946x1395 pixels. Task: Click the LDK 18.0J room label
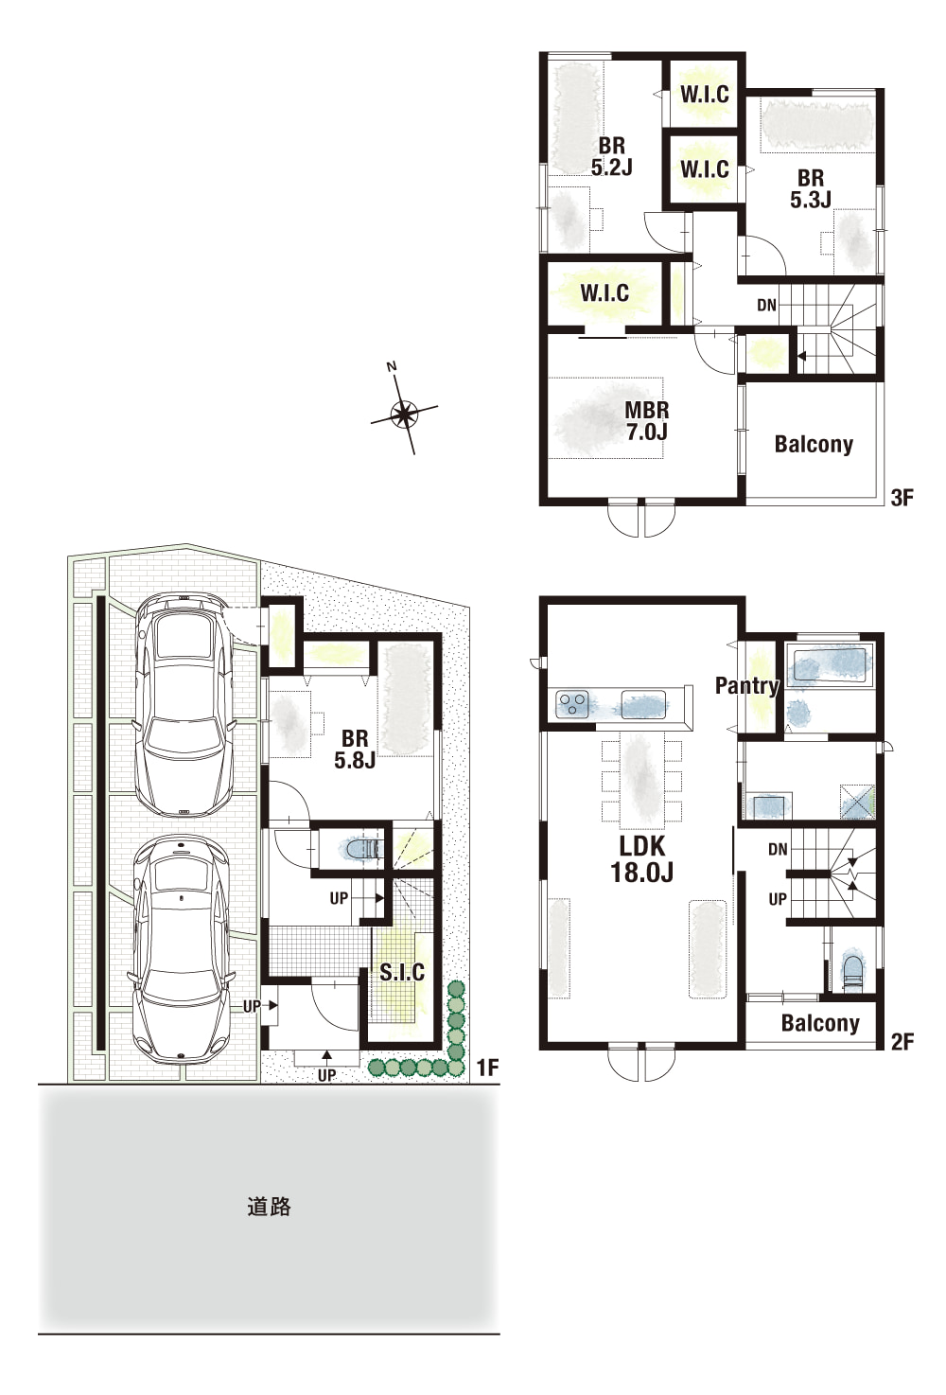coord(641,859)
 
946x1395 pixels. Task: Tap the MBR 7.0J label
coord(647,421)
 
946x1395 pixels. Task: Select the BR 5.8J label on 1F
coord(355,750)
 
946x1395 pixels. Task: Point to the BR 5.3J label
coord(811,188)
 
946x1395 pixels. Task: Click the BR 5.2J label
coord(612,156)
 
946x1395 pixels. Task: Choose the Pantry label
coord(746,685)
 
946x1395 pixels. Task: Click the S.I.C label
coord(402,972)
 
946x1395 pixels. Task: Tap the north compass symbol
coord(404,412)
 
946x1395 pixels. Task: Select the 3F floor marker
coord(902,498)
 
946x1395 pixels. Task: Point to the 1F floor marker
coord(488,1068)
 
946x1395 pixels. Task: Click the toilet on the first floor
coord(361,849)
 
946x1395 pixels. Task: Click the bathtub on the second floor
coord(829,665)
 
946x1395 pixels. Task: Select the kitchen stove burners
coord(572,704)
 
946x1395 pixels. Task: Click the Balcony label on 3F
coord(814,444)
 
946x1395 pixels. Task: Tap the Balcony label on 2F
coord(820,1023)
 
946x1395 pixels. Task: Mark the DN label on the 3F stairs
coord(767,305)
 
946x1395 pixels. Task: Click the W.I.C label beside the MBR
coord(604,292)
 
